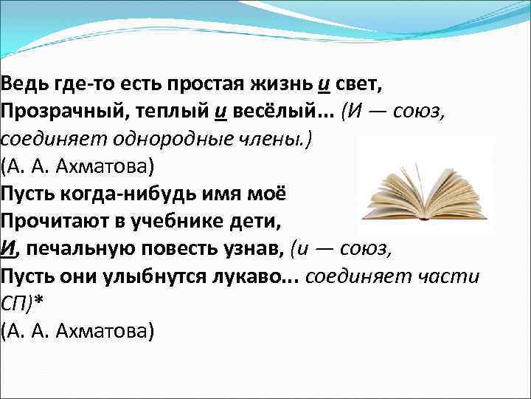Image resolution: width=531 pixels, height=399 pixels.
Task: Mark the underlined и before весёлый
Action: click(x=221, y=110)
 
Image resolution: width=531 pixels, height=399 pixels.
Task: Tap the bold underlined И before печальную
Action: click(x=8, y=249)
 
